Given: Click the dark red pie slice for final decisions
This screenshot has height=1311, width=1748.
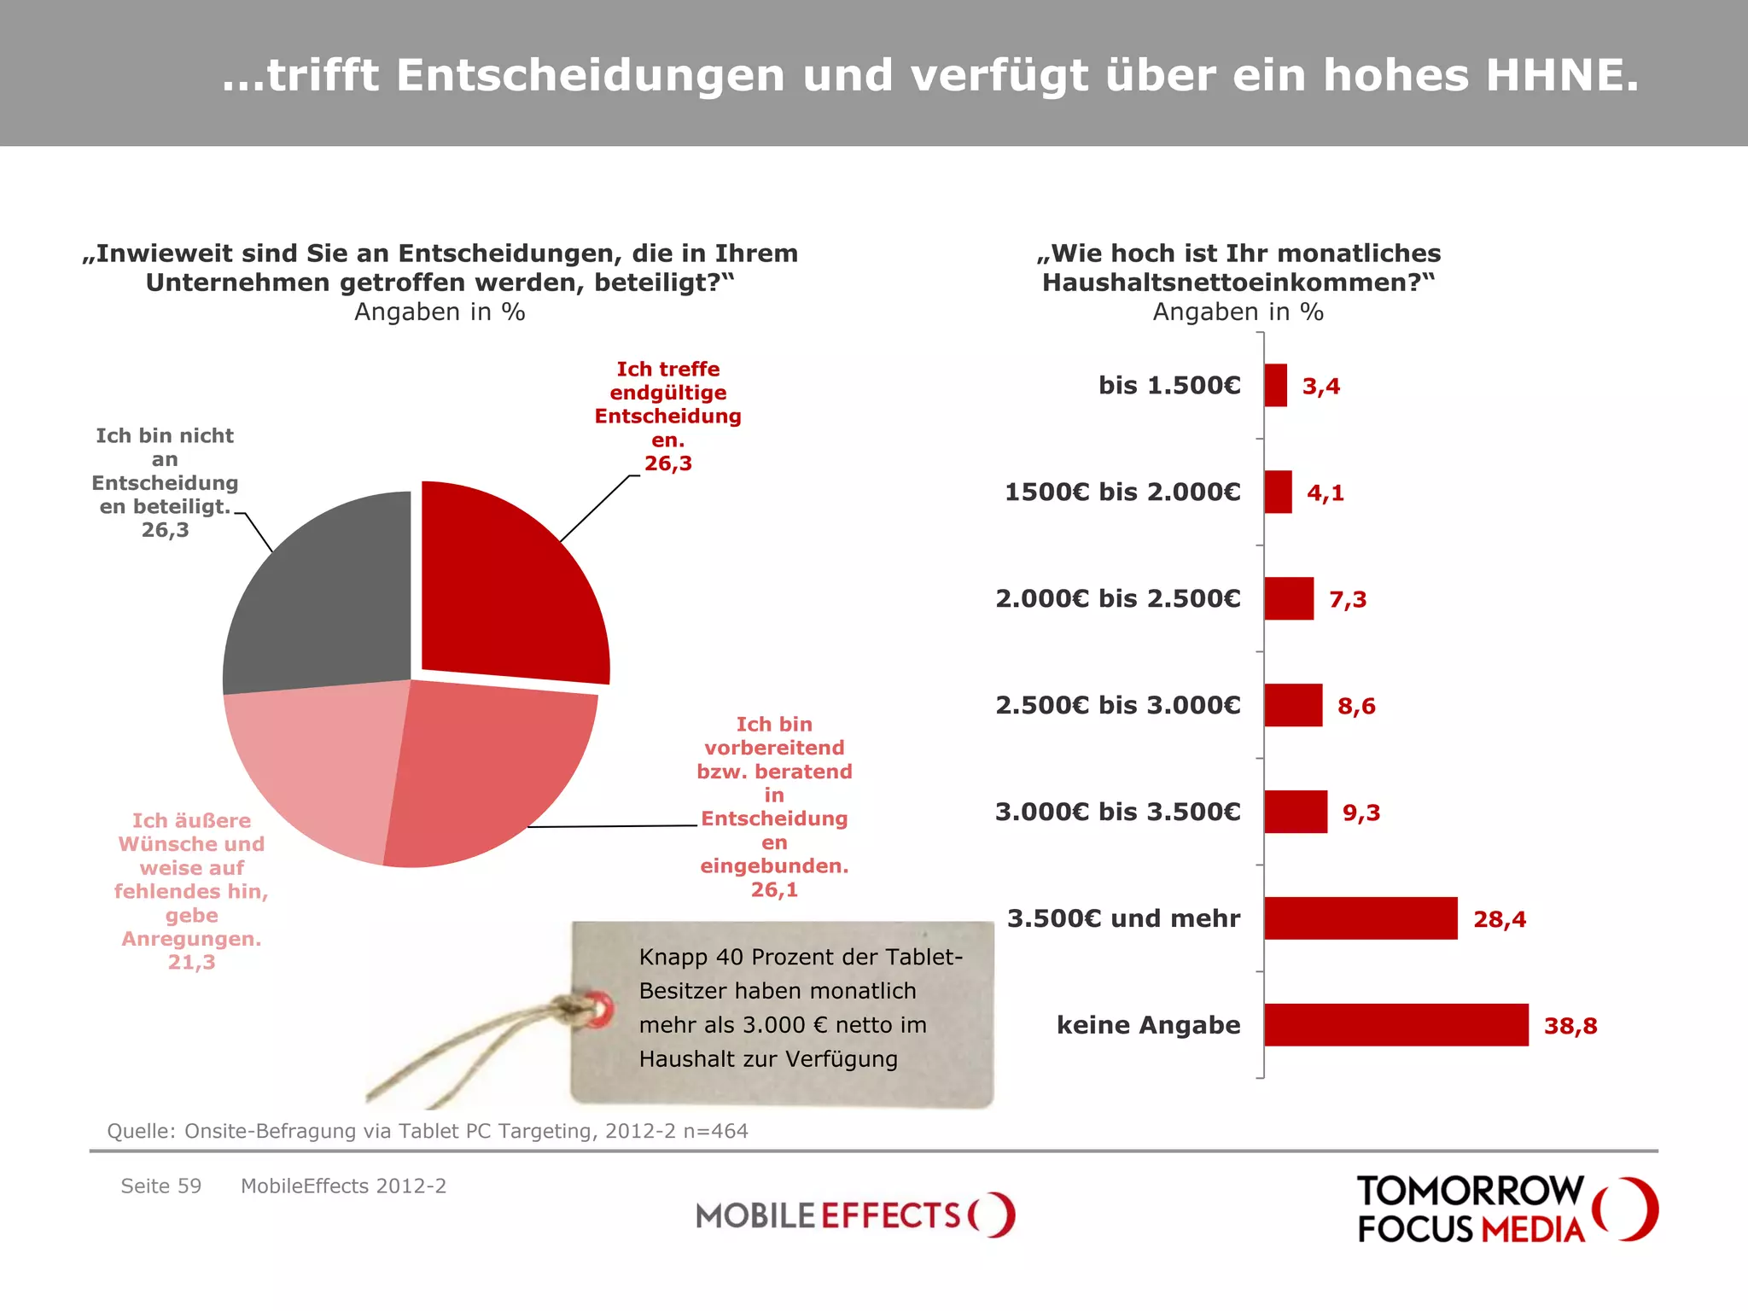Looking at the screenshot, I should pos(504,589).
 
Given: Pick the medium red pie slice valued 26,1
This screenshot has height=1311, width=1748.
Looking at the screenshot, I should pos(487,768).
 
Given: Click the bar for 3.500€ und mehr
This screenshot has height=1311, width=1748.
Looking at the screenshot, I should pos(1361,918).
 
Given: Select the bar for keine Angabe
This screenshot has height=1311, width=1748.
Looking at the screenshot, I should pos(1395,1025).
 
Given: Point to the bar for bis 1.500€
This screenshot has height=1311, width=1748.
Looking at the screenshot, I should pos(1275,386).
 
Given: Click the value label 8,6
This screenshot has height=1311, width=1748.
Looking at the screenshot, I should pos(1356,706).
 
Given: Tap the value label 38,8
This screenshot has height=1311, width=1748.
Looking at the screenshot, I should pos(1570,1026).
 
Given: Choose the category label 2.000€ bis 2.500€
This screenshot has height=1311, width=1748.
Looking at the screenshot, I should pos(1117,598).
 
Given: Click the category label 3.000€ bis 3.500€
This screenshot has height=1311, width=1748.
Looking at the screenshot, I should pos(1117,812).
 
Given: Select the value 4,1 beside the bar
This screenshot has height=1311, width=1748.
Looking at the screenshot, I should pos(1326,492).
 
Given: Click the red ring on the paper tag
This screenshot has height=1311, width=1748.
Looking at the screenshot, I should pos(600,1010).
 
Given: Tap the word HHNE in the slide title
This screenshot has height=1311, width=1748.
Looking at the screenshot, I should pos(1562,75).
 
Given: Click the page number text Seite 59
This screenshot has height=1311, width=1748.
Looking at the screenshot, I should pos(161,1186).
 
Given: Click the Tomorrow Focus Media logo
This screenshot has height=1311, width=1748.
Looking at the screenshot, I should pos(1506,1209).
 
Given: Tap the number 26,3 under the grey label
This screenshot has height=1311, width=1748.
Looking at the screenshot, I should pos(165,530).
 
